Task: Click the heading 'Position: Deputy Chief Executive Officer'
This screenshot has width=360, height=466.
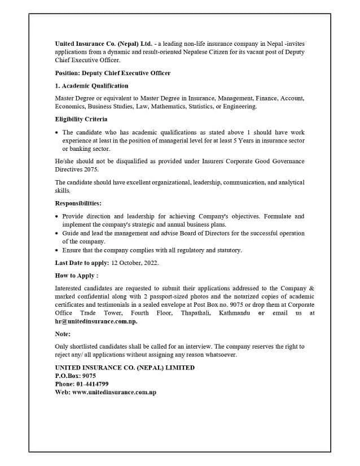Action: click(113, 73)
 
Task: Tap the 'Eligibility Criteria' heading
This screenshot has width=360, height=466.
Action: click(81, 119)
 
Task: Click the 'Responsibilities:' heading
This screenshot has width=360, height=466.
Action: click(78, 203)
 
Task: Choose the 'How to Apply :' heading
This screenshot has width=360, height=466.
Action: click(77, 276)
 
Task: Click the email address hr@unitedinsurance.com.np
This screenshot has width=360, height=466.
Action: click(96, 321)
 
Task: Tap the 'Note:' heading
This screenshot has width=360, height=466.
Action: click(63, 334)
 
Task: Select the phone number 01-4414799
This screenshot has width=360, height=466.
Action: click(93, 384)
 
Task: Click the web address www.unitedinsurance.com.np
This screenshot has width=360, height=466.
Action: click(114, 392)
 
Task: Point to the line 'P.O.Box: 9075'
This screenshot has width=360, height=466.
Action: click(76, 376)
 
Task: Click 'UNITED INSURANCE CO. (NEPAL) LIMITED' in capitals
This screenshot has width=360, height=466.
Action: click(125, 367)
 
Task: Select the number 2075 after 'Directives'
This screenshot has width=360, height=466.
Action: click(91, 169)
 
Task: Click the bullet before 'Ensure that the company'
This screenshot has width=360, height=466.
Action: click(57, 250)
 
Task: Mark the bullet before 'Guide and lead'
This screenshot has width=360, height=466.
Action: click(57, 233)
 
